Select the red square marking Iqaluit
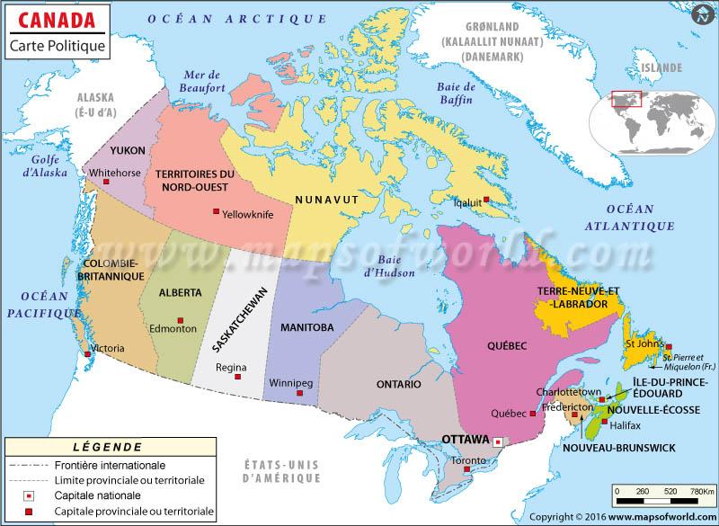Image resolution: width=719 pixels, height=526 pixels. pyautogui.click(x=486, y=200)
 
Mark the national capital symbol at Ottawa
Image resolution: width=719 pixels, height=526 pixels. pyautogui.click(x=498, y=441)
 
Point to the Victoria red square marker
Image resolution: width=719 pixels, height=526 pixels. pyautogui.click(x=87, y=353)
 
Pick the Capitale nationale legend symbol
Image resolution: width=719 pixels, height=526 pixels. pyautogui.click(x=28, y=495)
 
